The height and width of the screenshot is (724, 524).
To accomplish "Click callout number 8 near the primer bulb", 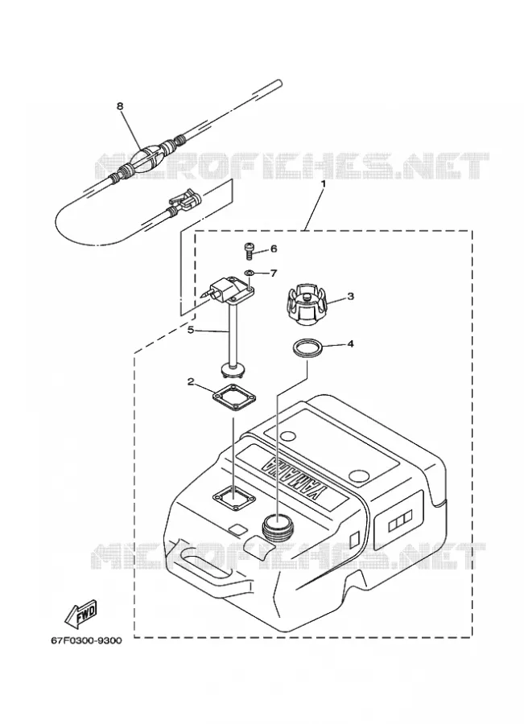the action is tap(120, 105).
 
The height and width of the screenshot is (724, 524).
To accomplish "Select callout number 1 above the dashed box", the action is tap(324, 183).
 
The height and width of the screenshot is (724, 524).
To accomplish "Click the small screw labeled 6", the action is tap(249, 250).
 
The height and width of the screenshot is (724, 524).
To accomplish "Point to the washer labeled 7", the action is tap(249, 274).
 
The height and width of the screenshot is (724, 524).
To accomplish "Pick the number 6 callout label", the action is tap(274, 249).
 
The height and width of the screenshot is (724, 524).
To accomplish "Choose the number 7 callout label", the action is tap(274, 274).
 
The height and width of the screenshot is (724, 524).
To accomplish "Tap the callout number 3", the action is tap(351, 296).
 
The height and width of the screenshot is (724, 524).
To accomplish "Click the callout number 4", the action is tap(351, 343).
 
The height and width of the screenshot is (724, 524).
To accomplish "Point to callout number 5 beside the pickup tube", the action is tap(191, 330).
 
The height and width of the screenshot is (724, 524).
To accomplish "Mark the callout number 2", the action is tap(191, 381).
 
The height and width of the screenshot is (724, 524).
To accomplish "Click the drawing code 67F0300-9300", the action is tap(86, 640).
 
